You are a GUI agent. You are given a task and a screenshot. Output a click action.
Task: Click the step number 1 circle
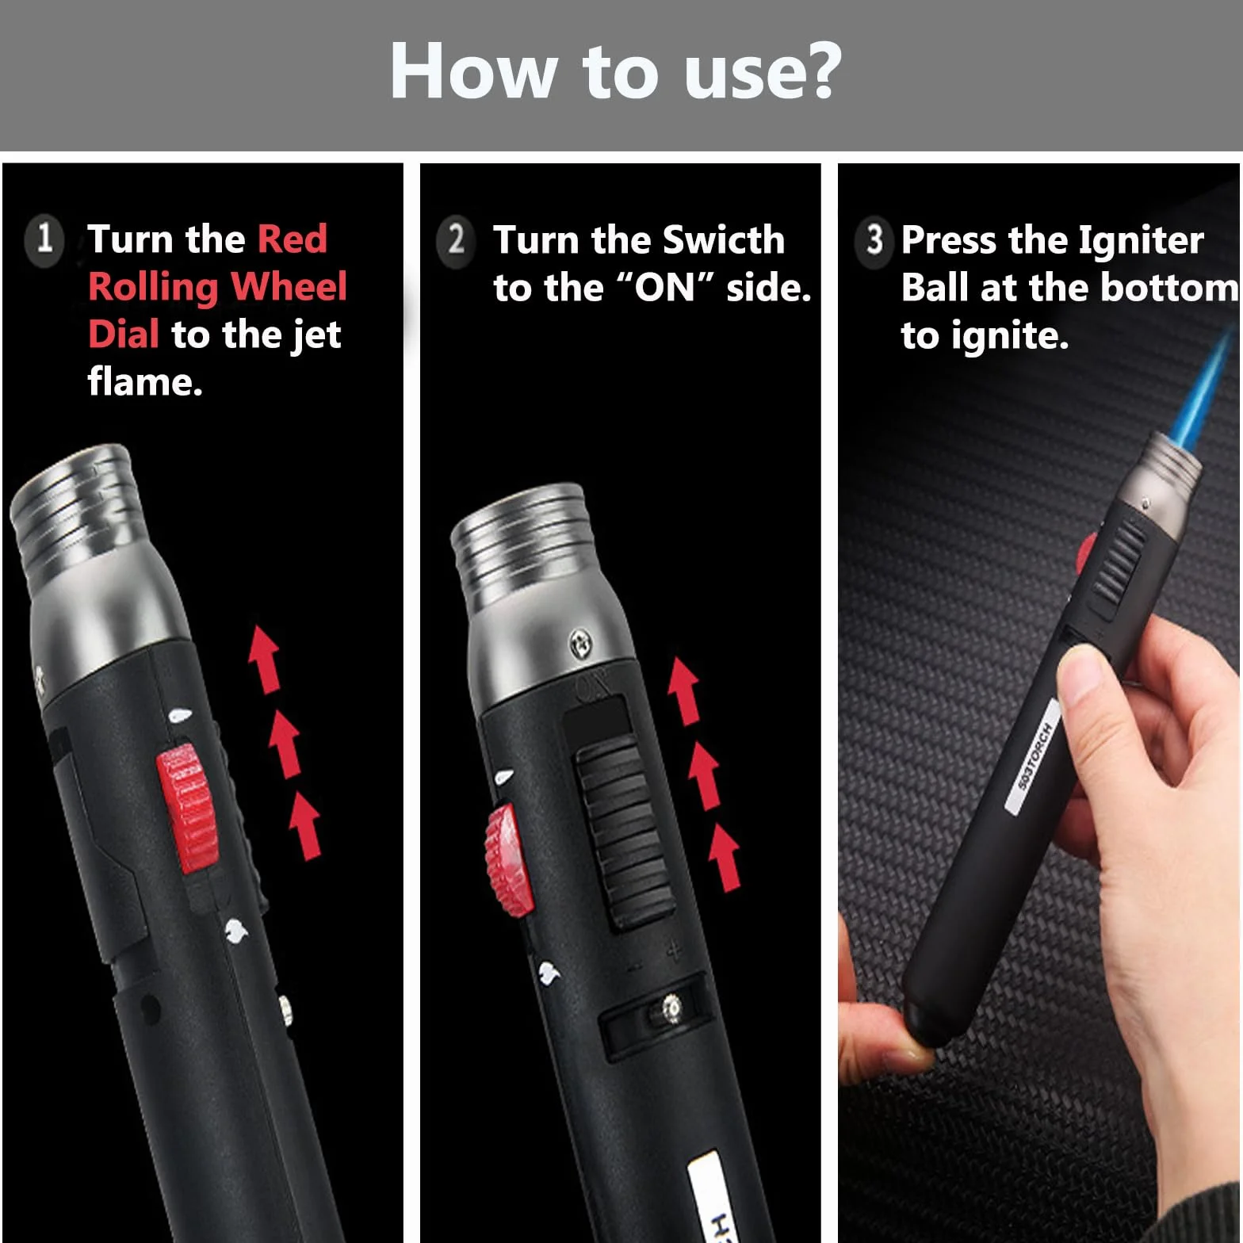(x=44, y=239)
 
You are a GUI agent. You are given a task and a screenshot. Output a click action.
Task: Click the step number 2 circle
(x=456, y=239)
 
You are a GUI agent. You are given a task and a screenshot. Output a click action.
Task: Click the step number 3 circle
(x=874, y=239)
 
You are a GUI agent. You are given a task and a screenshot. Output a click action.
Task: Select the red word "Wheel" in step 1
(x=289, y=286)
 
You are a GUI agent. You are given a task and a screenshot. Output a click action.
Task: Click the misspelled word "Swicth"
(x=723, y=239)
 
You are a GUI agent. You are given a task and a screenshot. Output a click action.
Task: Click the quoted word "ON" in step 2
(x=665, y=288)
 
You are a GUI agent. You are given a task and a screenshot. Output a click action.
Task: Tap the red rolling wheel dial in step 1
(x=187, y=808)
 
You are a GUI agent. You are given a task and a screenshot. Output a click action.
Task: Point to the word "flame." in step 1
(x=145, y=382)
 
